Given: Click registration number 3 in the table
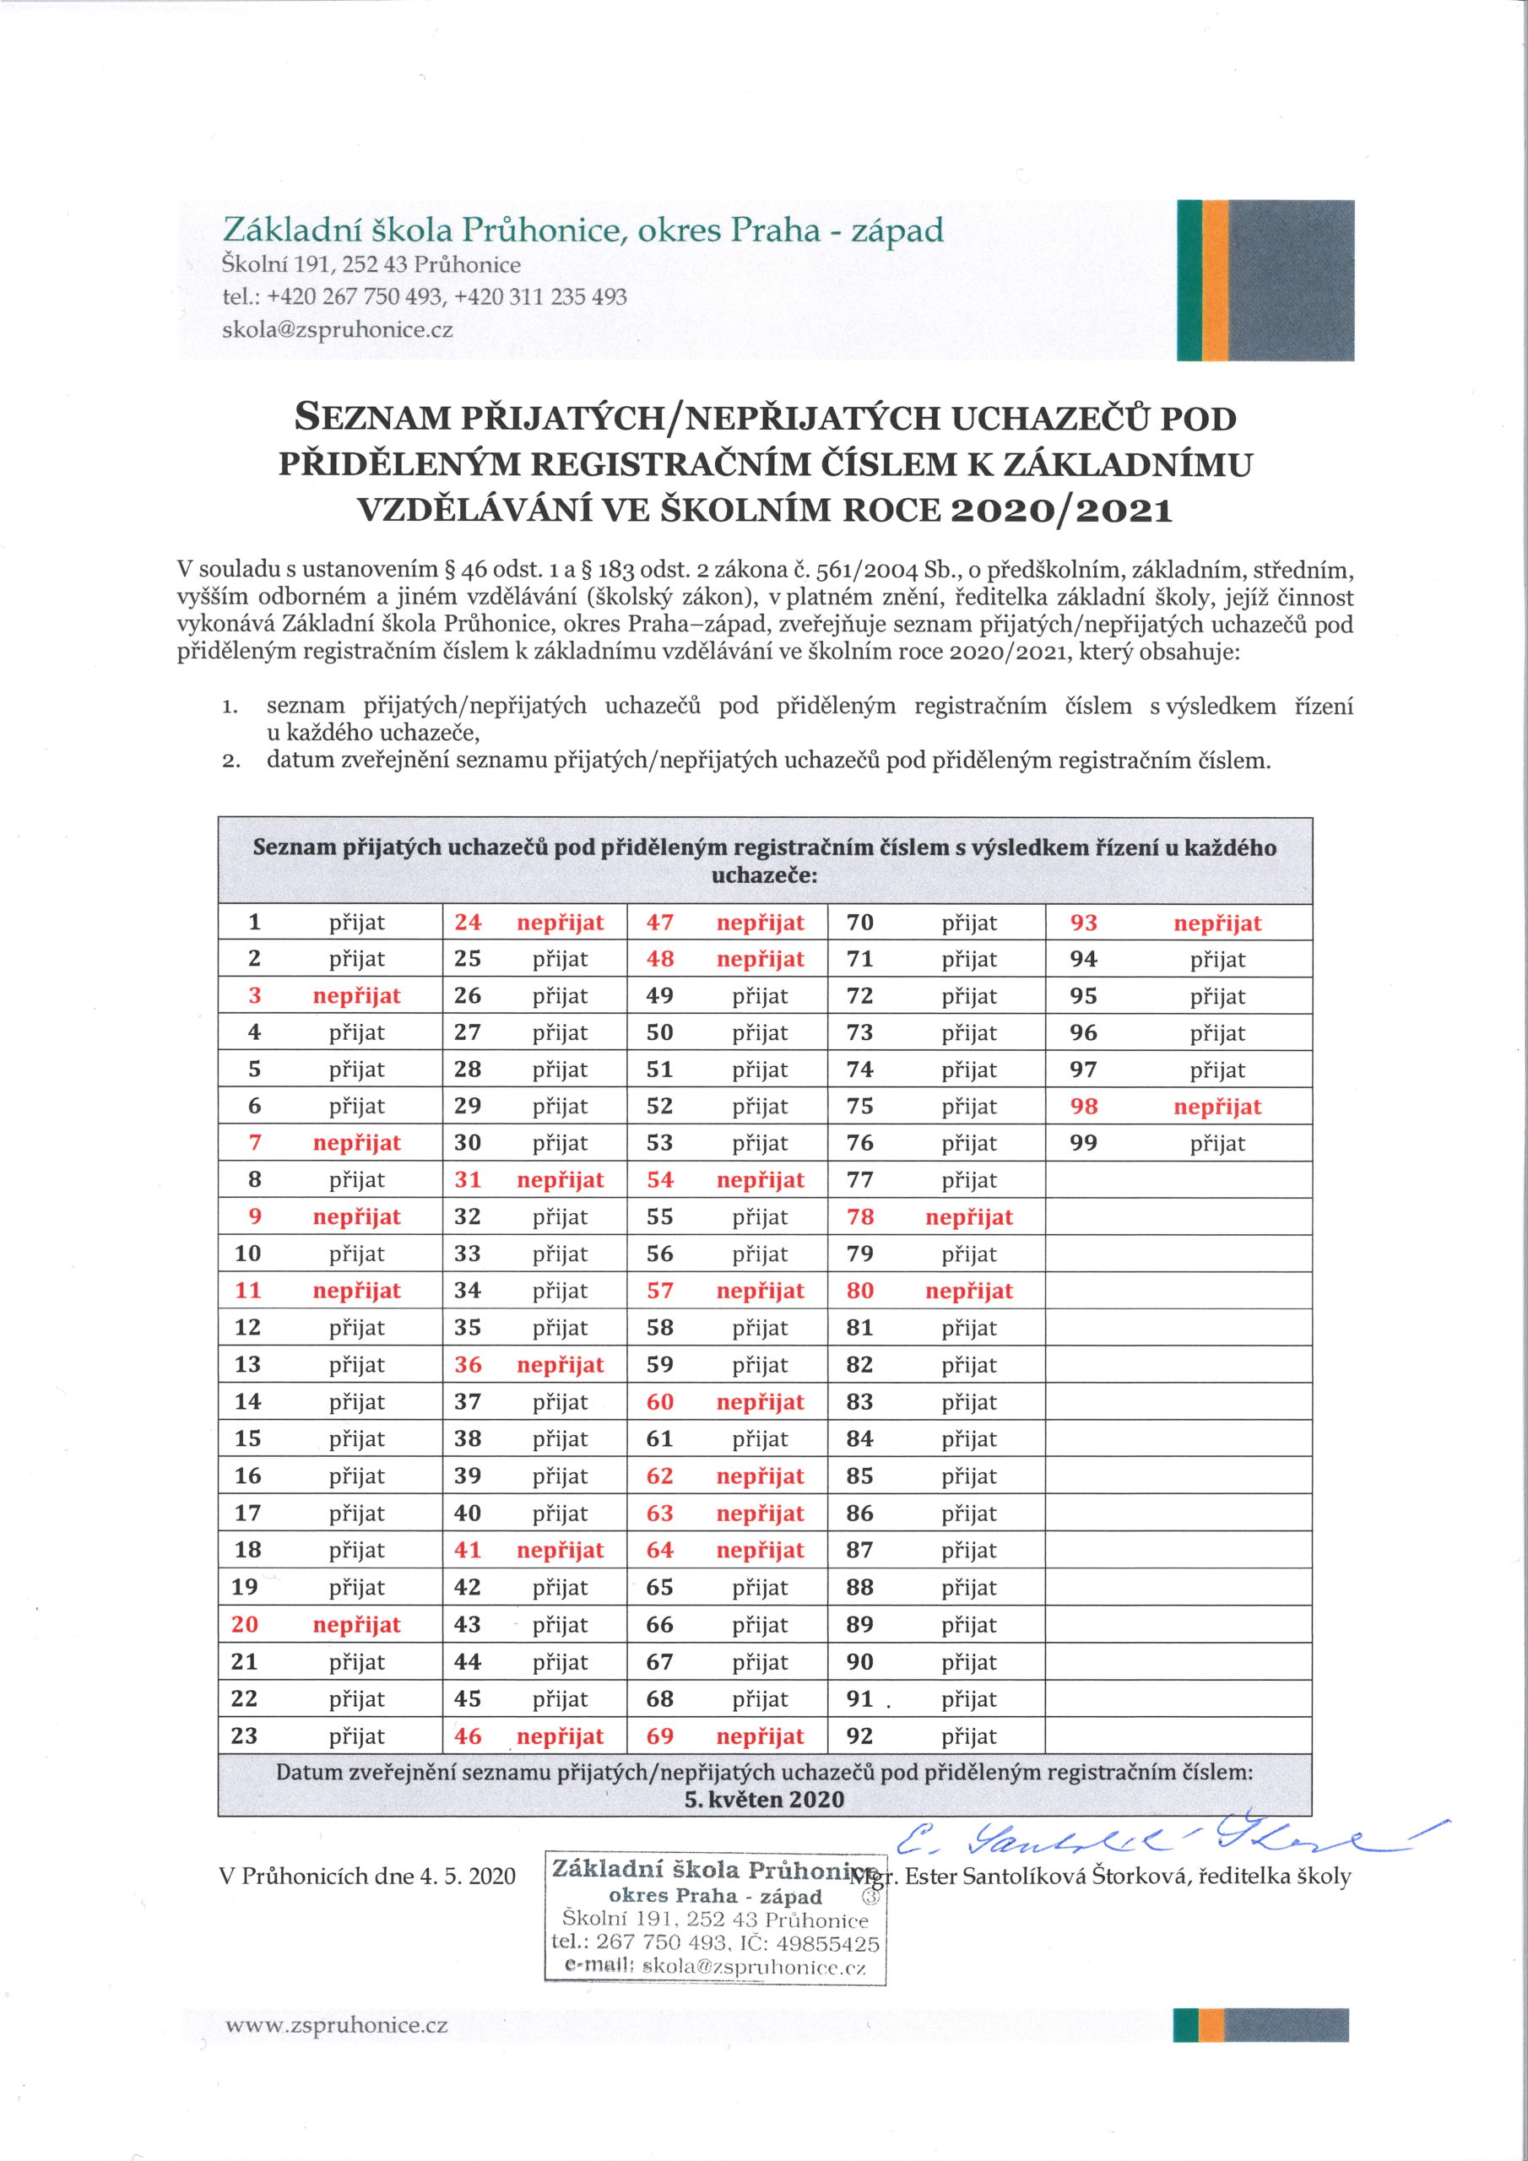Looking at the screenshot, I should [254, 996].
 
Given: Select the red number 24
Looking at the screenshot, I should [468, 923].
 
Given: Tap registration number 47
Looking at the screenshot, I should [660, 923].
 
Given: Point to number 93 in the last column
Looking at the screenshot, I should [1084, 923].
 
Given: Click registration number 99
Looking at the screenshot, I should [1084, 1143].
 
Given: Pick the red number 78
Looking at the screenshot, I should [859, 1217].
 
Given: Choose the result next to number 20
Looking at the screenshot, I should [357, 1624].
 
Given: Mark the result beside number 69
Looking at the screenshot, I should [761, 1736].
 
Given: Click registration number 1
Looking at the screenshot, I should [254, 923].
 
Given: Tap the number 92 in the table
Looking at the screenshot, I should [859, 1736].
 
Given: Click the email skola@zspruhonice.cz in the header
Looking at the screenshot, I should [337, 330].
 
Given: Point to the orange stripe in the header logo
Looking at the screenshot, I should [1216, 279].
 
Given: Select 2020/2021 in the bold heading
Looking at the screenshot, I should [1061, 510].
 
